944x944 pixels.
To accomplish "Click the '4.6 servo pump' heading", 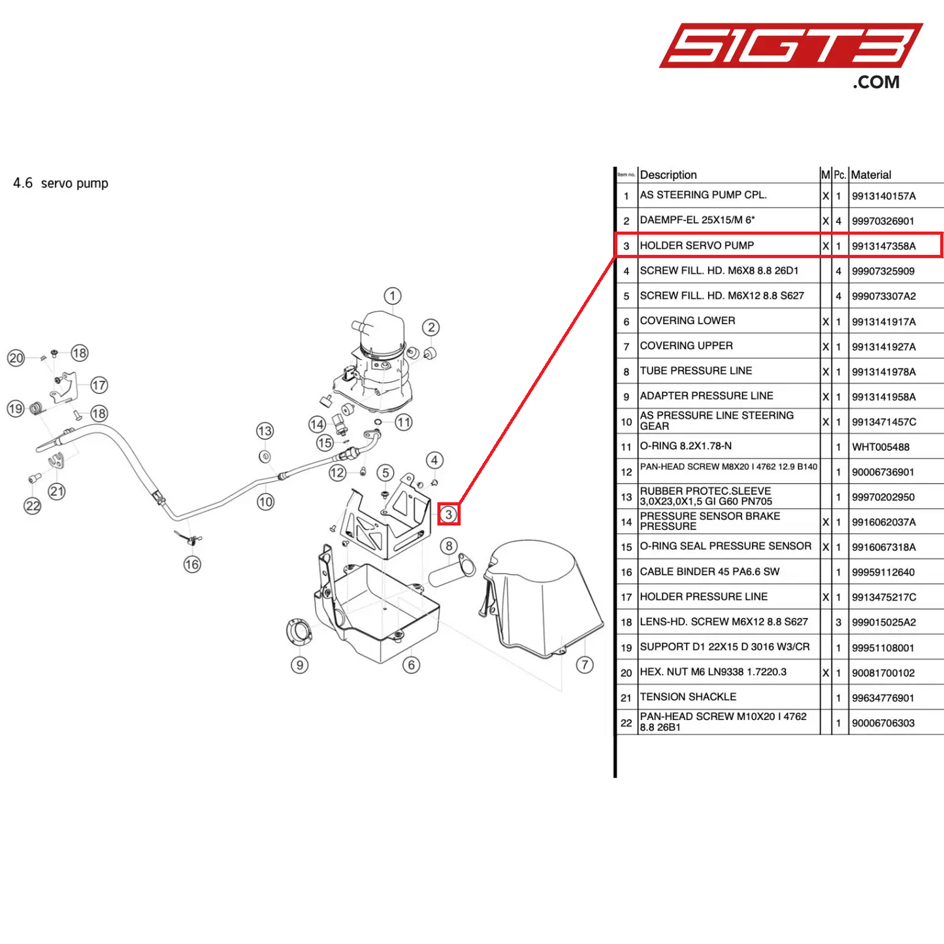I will [61, 184].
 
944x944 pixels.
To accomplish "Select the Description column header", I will [668, 175].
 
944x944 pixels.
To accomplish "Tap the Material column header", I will [871, 175].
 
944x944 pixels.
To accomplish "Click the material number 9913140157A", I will [883, 196].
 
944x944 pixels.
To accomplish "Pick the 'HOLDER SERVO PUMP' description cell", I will [696, 246].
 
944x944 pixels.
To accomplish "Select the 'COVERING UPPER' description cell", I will [686, 346].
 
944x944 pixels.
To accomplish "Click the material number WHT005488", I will [880, 448].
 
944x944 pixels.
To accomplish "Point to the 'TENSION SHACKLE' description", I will [688, 697].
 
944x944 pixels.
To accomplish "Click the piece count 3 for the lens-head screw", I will [839, 623].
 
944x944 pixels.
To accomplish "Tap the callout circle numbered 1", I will [393, 296].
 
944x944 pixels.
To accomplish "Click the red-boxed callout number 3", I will [449, 514].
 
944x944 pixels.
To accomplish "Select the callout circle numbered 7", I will [585, 665].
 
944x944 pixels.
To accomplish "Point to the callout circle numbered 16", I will [192, 564].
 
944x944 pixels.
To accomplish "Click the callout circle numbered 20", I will [16, 358].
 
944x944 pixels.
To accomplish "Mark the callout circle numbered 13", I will [265, 431].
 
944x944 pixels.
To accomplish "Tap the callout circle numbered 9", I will [300, 665].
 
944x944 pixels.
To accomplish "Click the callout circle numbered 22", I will [33, 506].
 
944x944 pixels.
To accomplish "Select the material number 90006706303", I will [883, 723].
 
